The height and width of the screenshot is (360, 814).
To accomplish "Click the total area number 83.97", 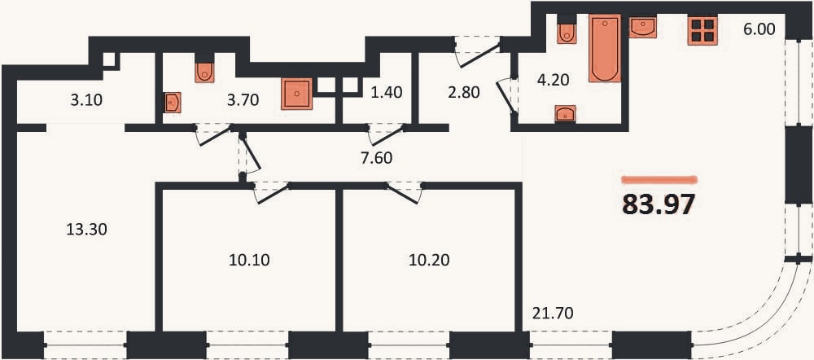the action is (659, 204).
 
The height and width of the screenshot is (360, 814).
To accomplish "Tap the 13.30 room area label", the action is (86, 229).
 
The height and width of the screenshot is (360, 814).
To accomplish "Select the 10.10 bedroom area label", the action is (249, 260).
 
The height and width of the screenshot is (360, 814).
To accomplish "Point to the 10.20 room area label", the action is (429, 260).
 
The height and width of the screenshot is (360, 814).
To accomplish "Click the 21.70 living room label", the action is (554, 314).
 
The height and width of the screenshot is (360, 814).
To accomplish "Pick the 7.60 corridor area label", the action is (376, 157).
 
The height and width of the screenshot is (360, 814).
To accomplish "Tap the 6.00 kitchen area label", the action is (759, 29).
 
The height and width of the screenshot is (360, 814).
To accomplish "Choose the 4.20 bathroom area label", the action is (554, 81).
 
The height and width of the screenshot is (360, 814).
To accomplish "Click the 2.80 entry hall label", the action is (464, 93).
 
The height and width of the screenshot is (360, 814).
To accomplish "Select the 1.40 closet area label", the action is (387, 93).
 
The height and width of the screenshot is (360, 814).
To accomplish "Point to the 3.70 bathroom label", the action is (243, 99).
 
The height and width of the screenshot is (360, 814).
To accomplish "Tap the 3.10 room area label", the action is (87, 99).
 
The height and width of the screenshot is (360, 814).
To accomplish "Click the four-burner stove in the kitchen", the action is (702, 30).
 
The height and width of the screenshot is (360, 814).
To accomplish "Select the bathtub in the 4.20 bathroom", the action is (605, 48).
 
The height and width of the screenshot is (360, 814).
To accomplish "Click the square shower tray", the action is (297, 94).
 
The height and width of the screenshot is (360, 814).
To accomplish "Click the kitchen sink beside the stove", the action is (643, 27).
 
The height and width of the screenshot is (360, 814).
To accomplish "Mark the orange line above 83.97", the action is (659, 180).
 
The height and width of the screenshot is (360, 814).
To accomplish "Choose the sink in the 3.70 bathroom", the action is (173, 103).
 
